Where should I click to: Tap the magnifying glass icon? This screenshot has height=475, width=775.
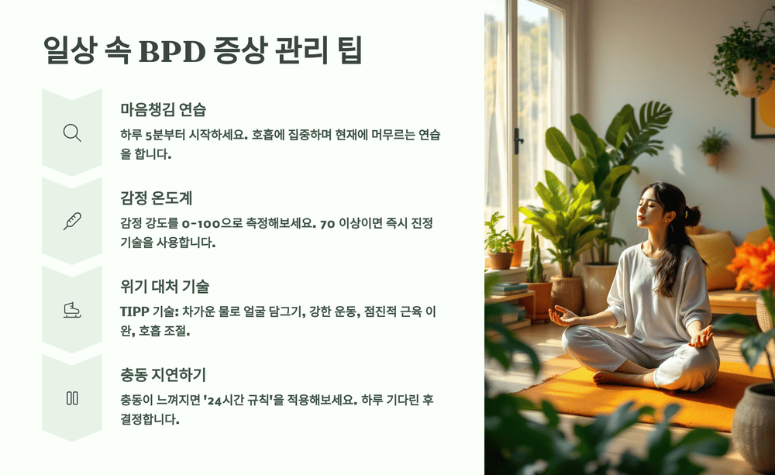72,133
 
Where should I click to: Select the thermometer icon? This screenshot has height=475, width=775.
72,221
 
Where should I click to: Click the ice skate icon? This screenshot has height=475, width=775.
72,310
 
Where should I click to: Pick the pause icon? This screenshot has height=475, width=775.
72,398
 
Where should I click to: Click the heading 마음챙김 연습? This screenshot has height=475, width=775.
163,108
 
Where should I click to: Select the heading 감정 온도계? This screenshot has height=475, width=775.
157,198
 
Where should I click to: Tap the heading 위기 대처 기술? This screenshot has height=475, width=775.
164,286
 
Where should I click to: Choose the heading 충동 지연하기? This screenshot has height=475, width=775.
163,375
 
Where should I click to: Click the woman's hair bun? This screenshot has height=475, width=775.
692,215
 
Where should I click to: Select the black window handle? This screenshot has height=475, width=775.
518,140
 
